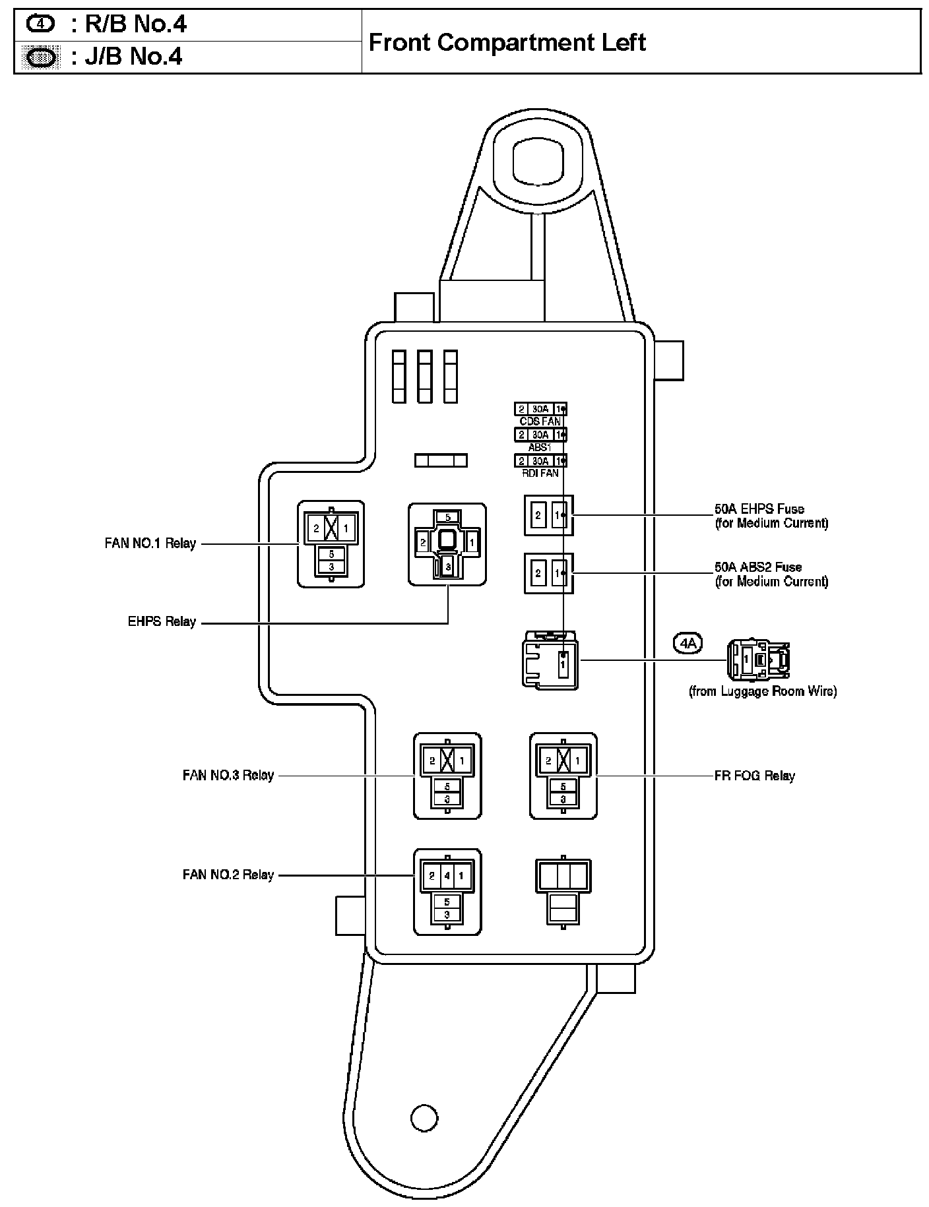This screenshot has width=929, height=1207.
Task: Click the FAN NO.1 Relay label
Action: [150, 544]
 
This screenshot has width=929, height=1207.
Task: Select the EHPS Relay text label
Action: [162, 621]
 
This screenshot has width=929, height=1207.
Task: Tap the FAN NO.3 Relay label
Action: [228, 775]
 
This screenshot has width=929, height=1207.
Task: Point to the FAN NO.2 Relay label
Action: [228, 875]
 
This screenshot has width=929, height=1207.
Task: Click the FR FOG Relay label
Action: [755, 776]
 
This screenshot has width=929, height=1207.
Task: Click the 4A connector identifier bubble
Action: [688, 642]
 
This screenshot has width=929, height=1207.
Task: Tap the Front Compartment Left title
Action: [507, 42]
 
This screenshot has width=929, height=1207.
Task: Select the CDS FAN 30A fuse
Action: [540, 409]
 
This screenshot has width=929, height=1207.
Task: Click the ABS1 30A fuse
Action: [540, 435]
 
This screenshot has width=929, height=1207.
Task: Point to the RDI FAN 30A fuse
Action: [540, 460]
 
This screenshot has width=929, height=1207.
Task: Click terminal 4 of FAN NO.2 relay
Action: [447, 877]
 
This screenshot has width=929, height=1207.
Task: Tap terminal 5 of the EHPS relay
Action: [447, 518]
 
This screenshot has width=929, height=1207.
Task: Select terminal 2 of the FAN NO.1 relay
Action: [317, 528]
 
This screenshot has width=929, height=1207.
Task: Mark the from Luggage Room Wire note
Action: [763, 691]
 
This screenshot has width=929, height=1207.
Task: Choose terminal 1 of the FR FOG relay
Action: [578, 760]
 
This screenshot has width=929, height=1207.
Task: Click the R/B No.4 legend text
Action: [129, 24]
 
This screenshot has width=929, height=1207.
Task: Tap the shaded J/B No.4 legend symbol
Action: [40, 57]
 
